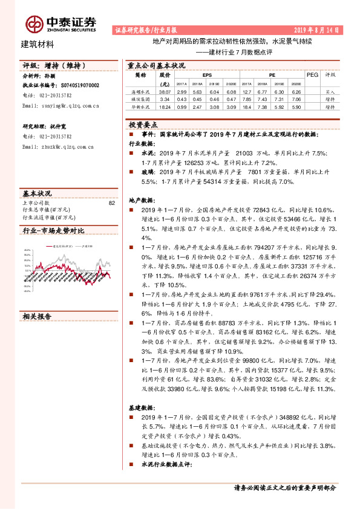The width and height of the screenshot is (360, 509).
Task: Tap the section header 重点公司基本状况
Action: tap(155, 65)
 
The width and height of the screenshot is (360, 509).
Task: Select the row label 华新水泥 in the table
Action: tap(140, 106)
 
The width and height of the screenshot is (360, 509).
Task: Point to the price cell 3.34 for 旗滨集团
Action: tap(164, 99)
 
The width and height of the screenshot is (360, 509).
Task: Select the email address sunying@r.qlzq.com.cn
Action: tap(61, 105)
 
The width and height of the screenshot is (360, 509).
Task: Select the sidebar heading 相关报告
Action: tap(37, 316)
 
